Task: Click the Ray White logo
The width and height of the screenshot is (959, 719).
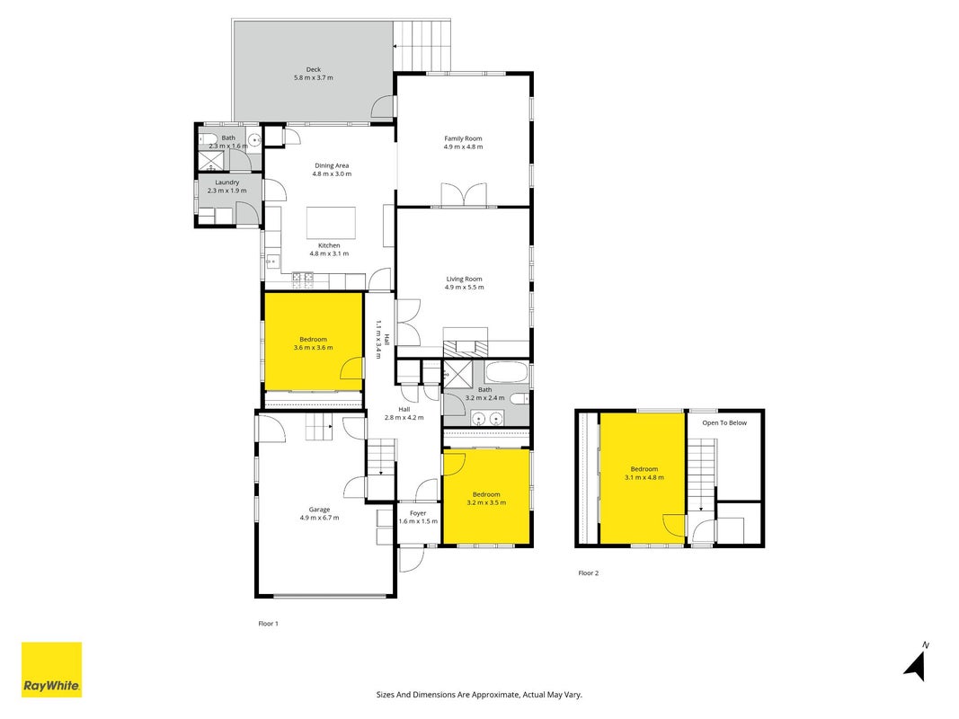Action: (51, 670)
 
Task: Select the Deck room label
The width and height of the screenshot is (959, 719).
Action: (314, 70)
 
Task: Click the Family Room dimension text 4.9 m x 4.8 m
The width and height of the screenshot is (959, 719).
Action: (463, 146)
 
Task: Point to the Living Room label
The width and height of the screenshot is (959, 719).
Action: (464, 279)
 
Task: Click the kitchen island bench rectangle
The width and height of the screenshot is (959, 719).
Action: (331, 223)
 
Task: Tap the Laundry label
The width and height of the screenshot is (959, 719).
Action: (226, 182)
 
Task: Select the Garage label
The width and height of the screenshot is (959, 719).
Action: (319, 510)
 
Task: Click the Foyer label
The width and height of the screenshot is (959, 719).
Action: (418, 513)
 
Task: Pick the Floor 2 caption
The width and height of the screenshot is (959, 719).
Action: (589, 573)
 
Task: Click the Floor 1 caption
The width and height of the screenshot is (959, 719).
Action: (268, 624)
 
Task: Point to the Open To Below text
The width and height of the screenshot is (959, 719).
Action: (724, 422)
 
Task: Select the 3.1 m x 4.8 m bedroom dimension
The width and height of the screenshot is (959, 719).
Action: (644, 477)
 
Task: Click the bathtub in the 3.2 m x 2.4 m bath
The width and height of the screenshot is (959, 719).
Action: (506, 371)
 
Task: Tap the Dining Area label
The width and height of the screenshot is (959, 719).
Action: (332, 165)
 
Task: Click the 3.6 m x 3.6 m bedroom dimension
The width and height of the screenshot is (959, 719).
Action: (313, 347)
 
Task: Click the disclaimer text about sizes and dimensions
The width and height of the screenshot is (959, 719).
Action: (479, 695)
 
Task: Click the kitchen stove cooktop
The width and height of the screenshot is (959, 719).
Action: (303, 280)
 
